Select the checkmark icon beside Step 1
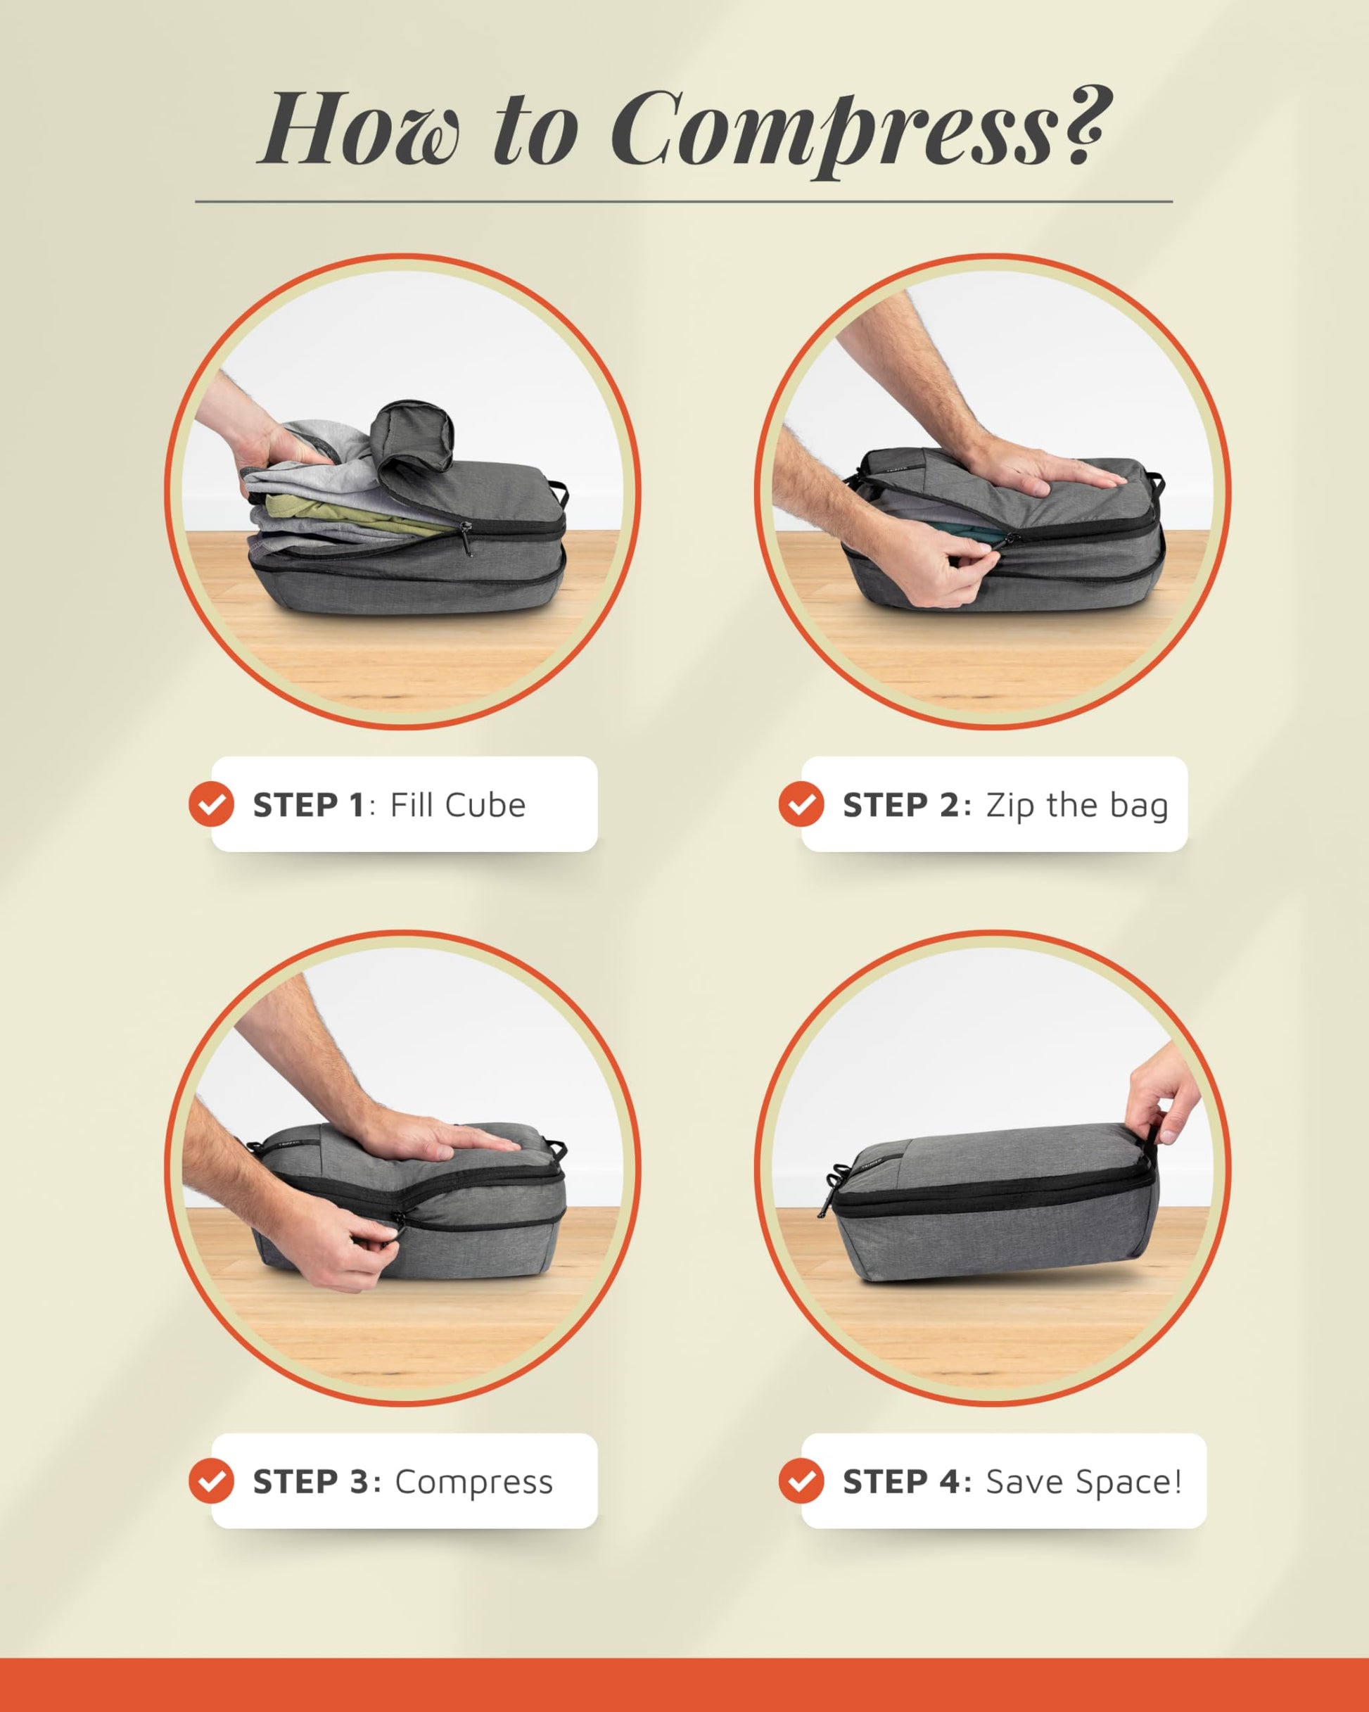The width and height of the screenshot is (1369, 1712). [x=211, y=804]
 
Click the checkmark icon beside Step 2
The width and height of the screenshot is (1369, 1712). [x=801, y=804]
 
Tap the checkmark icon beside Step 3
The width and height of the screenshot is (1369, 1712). [x=211, y=1481]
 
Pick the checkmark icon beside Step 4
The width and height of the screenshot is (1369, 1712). [x=801, y=1481]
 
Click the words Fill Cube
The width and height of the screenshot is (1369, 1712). [x=458, y=804]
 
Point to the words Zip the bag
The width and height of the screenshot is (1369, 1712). [x=1077, y=805]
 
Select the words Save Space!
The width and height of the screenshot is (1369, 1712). [x=1084, y=1482]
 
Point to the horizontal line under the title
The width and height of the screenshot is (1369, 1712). [x=684, y=202]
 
